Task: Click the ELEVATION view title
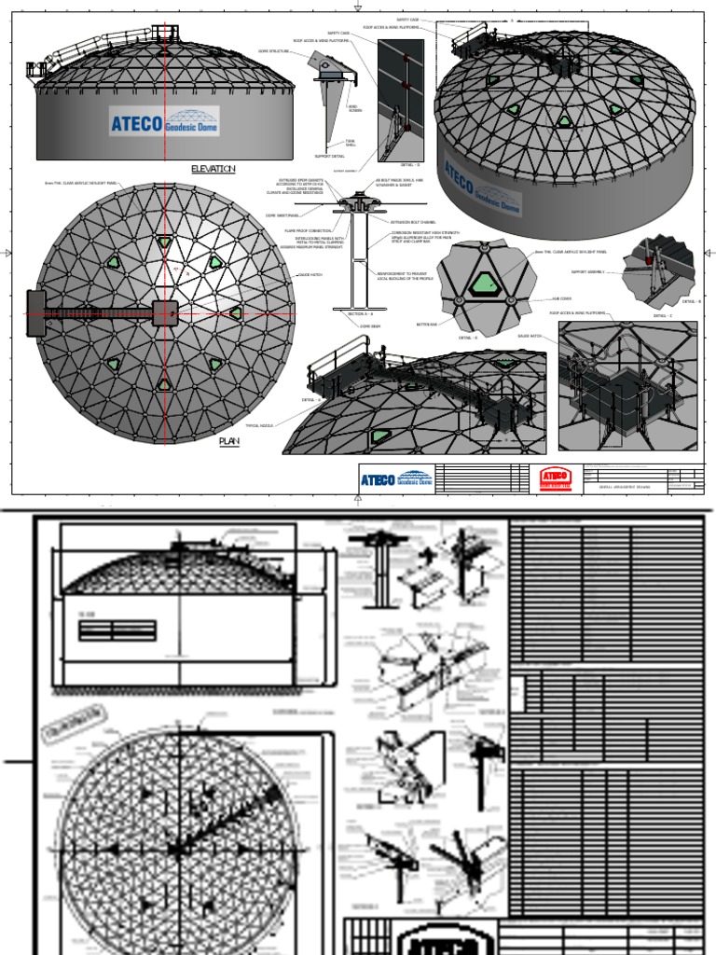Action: (213, 169)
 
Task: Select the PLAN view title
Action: (229, 441)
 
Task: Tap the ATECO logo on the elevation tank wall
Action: (164, 121)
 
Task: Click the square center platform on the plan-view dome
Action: (165, 313)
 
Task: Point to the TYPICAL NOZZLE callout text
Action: (261, 425)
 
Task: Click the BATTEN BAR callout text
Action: (426, 325)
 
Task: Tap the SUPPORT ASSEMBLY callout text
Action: (587, 272)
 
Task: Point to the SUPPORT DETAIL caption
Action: (331, 156)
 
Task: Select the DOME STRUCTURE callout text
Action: (272, 51)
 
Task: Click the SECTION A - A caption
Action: (360, 314)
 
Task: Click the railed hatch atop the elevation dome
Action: (164, 34)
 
